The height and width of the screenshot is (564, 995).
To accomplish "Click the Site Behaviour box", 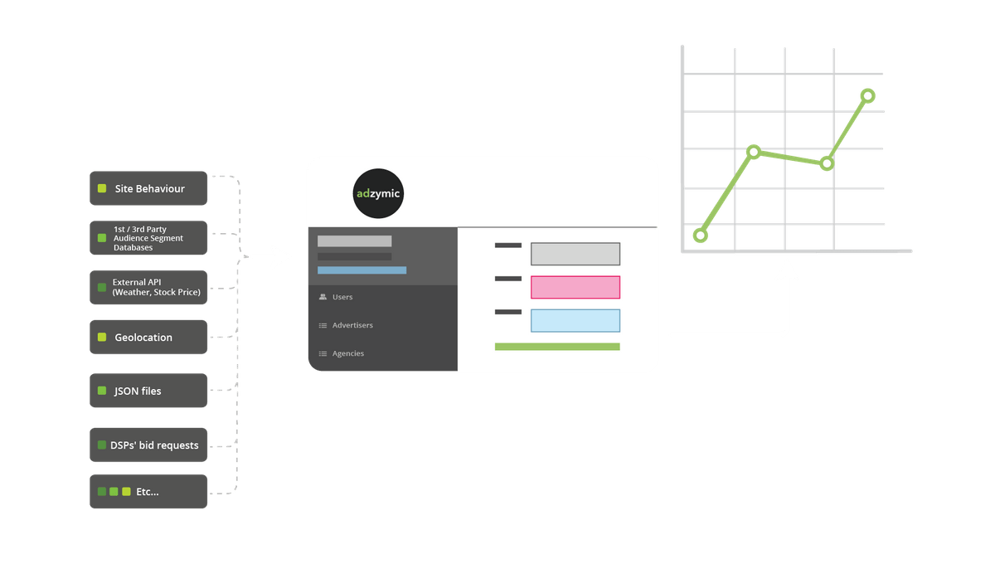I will point(148,188).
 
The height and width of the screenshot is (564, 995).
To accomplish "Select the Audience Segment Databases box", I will point(148,238).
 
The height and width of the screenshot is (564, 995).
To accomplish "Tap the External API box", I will point(148,287).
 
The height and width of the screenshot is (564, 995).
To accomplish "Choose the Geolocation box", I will point(148,338).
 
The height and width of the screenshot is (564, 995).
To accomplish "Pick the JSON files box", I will point(148,391).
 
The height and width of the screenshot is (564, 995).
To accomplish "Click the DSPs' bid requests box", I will point(148,445).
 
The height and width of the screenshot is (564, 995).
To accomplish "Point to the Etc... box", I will point(148,492).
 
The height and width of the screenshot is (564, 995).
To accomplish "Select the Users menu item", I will point(342,297).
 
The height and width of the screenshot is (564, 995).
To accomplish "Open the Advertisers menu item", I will point(352,325).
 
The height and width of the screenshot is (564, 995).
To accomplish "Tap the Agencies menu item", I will point(347,353).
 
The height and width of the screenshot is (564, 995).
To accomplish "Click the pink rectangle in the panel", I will point(575,287).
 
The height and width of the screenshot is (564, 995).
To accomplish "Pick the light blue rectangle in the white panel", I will point(575,320).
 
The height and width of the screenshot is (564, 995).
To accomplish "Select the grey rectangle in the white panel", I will point(575,254).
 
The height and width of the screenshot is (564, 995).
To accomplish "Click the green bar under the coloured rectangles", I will point(557,347).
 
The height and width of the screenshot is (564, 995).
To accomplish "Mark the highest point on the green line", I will point(868,95).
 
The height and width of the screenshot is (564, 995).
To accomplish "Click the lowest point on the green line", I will point(701,236).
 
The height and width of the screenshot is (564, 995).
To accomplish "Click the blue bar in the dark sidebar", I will point(362,270).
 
